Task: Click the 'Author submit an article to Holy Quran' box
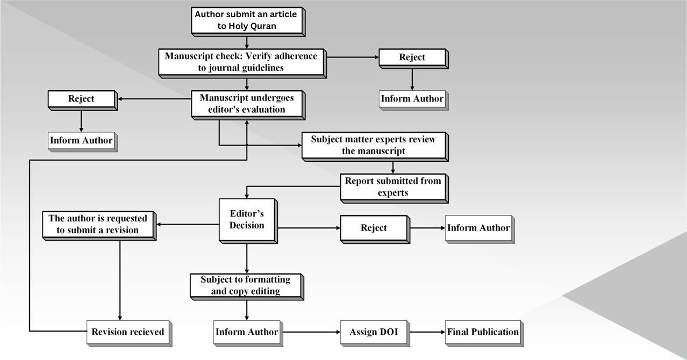click(x=247, y=20)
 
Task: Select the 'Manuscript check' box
click(x=241, y=62)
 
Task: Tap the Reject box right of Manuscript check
click(x=412, y=57)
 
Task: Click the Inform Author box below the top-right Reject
click(x=412, y=99)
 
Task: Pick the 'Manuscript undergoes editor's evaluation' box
click(x=247, y=104)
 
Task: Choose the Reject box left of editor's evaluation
click(x=81, y=99)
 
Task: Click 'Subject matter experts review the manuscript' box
click(x=374, y=145)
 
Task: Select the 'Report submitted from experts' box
click(x=393, y=187)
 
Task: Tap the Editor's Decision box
click(x=247, y=219)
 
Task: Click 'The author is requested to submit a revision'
click(x=98, y=224)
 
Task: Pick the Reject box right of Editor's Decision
click(x=374, y=228)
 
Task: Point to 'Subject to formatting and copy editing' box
click(x=246, y=285)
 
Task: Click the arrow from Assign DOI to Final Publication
click(x=427, y=332)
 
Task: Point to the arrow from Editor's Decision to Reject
click(x=309, y=228)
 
